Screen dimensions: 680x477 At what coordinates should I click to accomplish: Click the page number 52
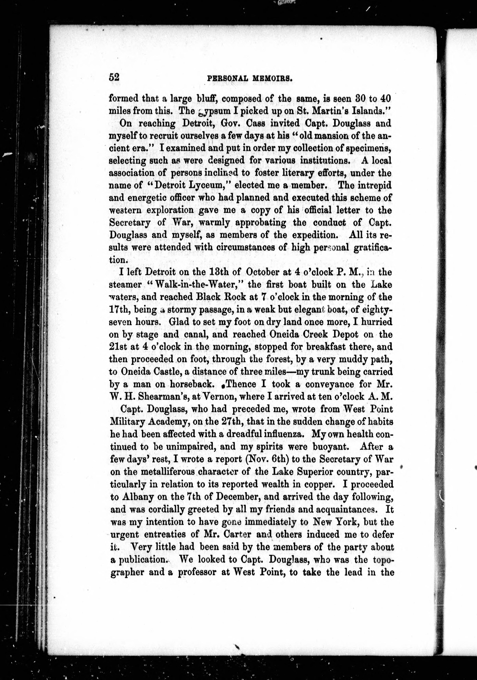click(x=114, y=77)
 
